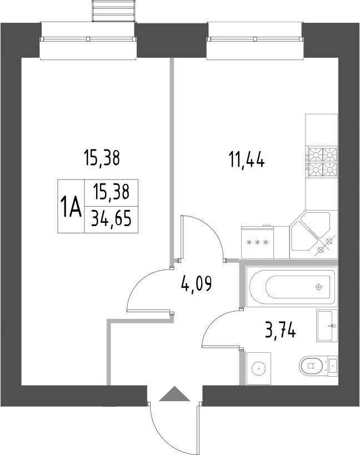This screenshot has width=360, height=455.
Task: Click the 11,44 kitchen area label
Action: (246, 160)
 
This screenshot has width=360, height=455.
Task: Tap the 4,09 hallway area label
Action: (197, 285)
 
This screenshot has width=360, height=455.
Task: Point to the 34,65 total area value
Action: (111, 220)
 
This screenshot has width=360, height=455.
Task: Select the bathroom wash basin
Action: (327, 326)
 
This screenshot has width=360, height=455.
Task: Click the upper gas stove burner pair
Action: (323, 153)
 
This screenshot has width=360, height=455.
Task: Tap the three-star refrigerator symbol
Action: (257, 242)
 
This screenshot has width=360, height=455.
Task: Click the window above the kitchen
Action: (255, 38)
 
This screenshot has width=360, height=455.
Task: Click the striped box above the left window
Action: (113, 10)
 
